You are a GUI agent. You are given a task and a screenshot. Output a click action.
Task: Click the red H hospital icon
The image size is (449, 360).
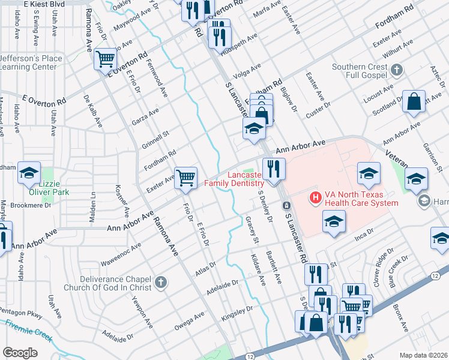point(313,197)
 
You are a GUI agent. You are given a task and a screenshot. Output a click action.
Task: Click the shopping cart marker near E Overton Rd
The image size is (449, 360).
point(106,59)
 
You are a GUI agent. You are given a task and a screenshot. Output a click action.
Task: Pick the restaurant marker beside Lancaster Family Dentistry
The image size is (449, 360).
point(274,169)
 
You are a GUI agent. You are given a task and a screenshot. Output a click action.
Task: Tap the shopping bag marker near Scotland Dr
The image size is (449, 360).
point(414,102)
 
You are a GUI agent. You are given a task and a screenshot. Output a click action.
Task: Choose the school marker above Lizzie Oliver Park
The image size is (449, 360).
point(29,173)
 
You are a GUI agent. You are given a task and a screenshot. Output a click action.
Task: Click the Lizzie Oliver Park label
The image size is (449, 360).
point(45,188)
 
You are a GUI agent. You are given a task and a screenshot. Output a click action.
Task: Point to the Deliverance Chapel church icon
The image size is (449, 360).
point(160,282)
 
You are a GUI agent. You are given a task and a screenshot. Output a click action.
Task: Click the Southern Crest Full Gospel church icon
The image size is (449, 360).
point(396,71)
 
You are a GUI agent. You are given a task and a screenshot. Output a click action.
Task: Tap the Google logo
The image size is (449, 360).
point(20,353)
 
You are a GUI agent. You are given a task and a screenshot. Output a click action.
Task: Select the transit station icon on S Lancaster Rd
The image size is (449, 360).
point(287,206)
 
